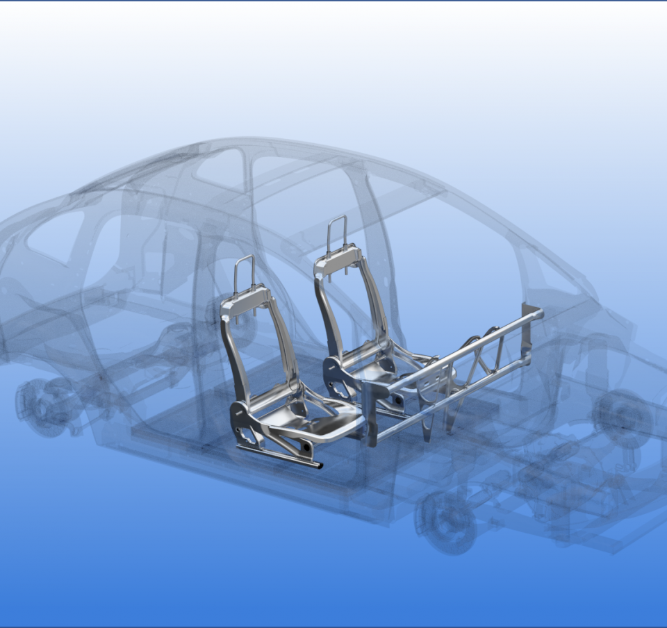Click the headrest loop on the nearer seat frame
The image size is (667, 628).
click(244, 271)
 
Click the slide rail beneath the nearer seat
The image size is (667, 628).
click(278, 455)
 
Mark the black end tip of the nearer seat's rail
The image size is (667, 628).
click(318, 465)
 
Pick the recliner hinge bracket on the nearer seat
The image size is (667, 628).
click(242, 420)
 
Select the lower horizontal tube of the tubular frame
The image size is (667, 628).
click(452, 396)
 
